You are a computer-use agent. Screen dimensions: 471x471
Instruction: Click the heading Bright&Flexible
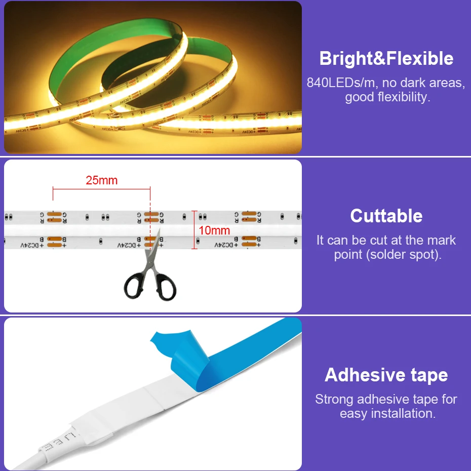tap(386, 59)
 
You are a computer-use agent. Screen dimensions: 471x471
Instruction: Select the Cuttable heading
tap(386, 216)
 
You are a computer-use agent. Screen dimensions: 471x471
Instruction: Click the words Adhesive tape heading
tap(386, 375)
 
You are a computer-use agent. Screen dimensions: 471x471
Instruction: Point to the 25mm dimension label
tap(101, 180)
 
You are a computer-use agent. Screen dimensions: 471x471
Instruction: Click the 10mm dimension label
tap(214, 231)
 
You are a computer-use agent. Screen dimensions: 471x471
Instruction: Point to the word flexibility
tap(403, 97)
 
